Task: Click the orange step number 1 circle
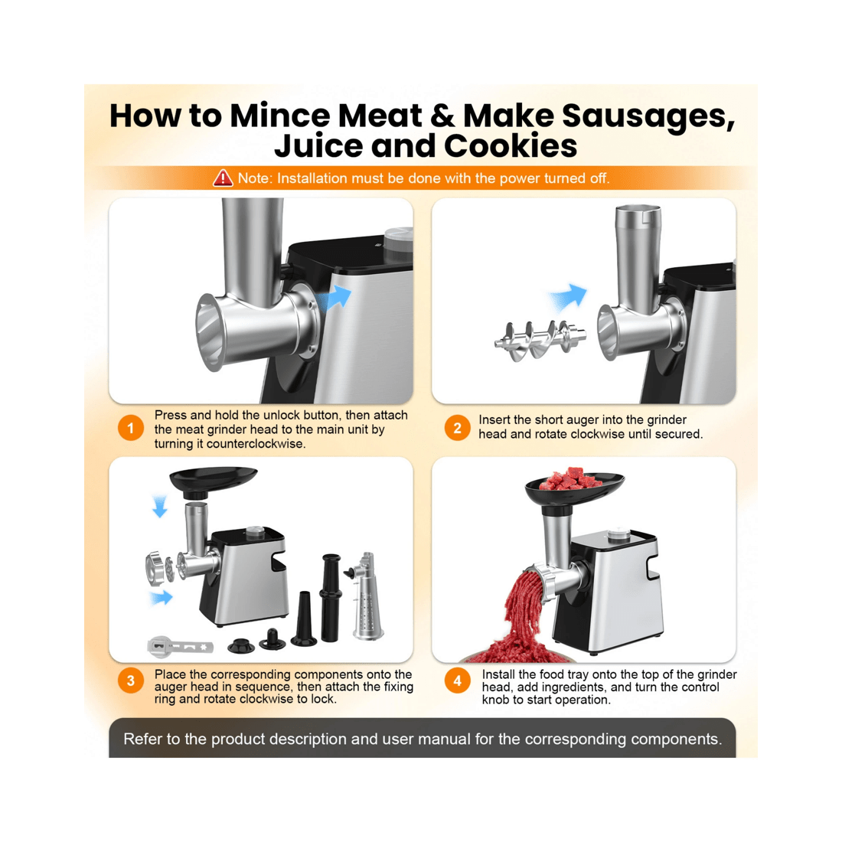pos(131,429)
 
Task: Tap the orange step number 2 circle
pos(457,428)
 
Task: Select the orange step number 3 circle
pos(131,680)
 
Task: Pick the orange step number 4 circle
pos(457,680)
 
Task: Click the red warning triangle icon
pos(223,178)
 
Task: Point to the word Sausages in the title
pos(648,116)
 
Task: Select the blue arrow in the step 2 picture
pos(567,297)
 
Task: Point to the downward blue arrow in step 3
pos(159,506)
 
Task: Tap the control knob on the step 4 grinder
pos(615,534)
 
